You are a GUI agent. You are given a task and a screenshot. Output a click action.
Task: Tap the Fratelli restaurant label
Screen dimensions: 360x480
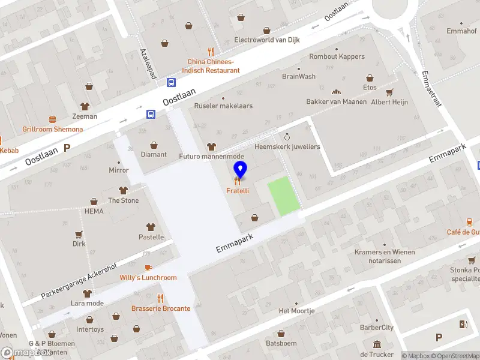tap(238, 191)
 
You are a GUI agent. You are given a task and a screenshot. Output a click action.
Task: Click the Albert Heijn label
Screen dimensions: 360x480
tap(389, 102)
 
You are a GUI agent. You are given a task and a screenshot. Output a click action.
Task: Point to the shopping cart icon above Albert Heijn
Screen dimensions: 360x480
tap(389, 92)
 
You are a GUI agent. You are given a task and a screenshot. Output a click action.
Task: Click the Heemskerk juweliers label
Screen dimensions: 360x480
tap(287, 146)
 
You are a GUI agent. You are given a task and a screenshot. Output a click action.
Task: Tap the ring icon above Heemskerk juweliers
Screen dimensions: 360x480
tap(287, 137)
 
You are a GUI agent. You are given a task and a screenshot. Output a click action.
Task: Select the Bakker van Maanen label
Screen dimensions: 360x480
tap(336, 102)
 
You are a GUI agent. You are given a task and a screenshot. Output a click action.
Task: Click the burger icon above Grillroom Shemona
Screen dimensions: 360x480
tap(53, 119)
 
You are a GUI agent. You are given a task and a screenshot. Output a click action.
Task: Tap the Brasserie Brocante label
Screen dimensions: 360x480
tap(161, 308)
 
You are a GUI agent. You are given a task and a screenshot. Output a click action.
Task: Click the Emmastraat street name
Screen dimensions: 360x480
tap(431, 89)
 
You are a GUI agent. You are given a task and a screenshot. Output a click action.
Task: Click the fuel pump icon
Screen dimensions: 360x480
tap(463, 325)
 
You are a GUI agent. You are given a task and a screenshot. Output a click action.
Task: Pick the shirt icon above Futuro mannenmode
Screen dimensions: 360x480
tap(211, 146)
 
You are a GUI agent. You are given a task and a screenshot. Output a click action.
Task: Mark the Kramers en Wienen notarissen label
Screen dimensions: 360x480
tap(385, 256)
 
